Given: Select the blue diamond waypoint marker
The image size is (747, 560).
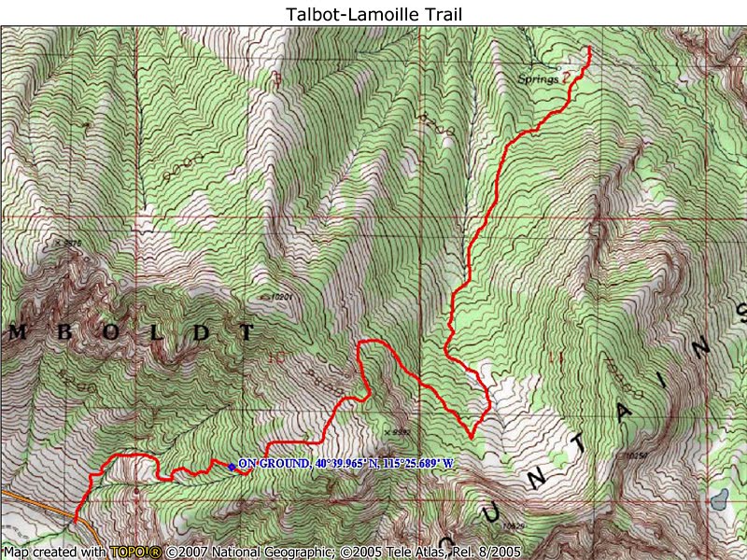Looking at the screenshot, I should (x=231, y=466).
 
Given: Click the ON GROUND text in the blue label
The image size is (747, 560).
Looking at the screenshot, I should (x=272, y=463).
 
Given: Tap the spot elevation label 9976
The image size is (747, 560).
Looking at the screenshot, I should (x=69, y=243).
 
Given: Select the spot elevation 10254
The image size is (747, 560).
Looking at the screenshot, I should (x=636, y=455).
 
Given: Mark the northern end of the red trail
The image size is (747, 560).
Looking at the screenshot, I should (x=589, y=47).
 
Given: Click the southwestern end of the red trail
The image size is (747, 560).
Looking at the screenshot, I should (x=75, y=520).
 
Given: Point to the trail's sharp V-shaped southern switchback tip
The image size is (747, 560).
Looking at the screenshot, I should (x=472, y=437).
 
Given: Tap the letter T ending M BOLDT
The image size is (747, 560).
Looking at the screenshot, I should (x=246, y=331).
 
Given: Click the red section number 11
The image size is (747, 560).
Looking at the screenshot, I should (x=557, y=357).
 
